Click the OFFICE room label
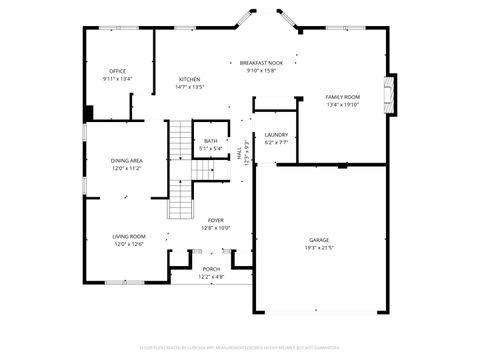point(117,71)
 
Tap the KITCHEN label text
point(189,79)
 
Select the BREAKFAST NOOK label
point(261,63)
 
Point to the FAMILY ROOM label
point(342,96)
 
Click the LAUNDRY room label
point(276,135)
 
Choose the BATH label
point(210,141)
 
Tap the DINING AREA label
point(127,161)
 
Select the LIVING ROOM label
point(128,236)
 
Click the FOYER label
point(215,220)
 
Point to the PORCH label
point(211,269)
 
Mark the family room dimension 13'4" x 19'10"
point(342,104)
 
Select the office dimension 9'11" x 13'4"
point(117,79)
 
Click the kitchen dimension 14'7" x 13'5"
point(189,87)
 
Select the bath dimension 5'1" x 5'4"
point(210,149)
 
